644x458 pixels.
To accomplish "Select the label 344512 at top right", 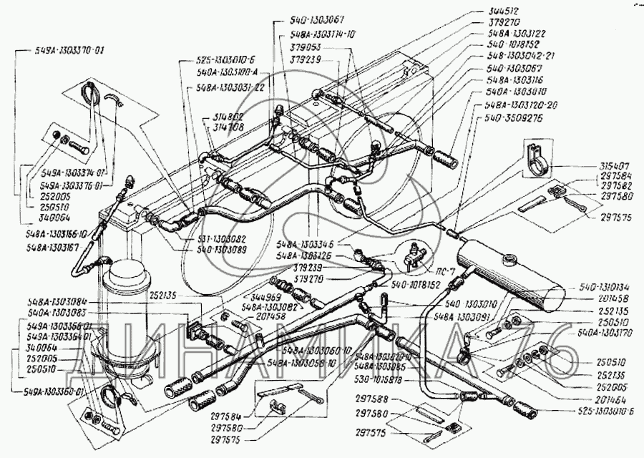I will click(x=505, y=11).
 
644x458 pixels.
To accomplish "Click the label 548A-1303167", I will click(x=54, y=248).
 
